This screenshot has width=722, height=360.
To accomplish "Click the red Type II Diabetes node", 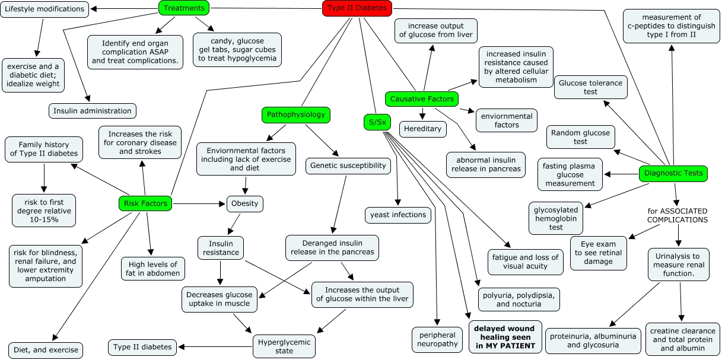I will pos(357,8).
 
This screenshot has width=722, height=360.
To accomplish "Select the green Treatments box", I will pos(185,8).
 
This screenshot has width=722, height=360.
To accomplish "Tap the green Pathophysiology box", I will pos(295,114).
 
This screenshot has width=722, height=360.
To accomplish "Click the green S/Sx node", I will pos(374,122).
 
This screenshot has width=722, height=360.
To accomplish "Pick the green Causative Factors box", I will pos(422,99).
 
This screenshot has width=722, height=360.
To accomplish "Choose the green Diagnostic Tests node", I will pos(673,174).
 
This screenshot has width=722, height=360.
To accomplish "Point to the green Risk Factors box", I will pos(145,203).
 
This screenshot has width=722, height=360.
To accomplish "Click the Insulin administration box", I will pos(92,111).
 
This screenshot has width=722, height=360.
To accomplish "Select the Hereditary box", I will pos(422,129).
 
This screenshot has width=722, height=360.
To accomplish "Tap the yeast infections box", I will pos(397,215).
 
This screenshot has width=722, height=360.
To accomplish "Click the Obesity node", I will pos(244,203).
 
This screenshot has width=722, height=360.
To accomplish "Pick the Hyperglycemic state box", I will pos(284,345).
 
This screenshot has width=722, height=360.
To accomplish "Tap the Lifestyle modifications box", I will pos(44,9).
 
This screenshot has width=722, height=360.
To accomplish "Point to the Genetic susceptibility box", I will pos(348,165).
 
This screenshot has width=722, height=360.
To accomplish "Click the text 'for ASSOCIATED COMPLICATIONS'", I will pos(678,215).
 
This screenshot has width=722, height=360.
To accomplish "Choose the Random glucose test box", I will pos(580,137).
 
